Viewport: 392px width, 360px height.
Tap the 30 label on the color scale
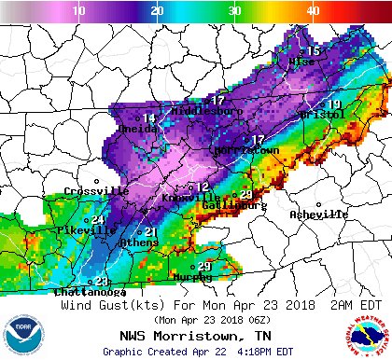pyautogui.click(x=234, y=9)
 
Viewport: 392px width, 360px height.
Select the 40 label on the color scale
pyautogui.click(x=312, y=9)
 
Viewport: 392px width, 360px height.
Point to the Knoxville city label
pyautogui.click(x=191, y=199)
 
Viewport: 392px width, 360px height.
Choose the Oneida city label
pyautogui.click(x=138, y=131)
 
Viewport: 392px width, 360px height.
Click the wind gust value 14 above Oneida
pyautogui.click(x=148, y=118)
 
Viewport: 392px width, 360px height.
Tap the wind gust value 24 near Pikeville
pyautogui.click(x=97, y=219)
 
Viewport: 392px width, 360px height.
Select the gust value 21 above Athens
pyautogui.click(x=149, y=231)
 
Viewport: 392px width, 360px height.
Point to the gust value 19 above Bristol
pyautogui.click(x=333, y=104)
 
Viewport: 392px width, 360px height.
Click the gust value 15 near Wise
pyautogui.click(x=315, y=50)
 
